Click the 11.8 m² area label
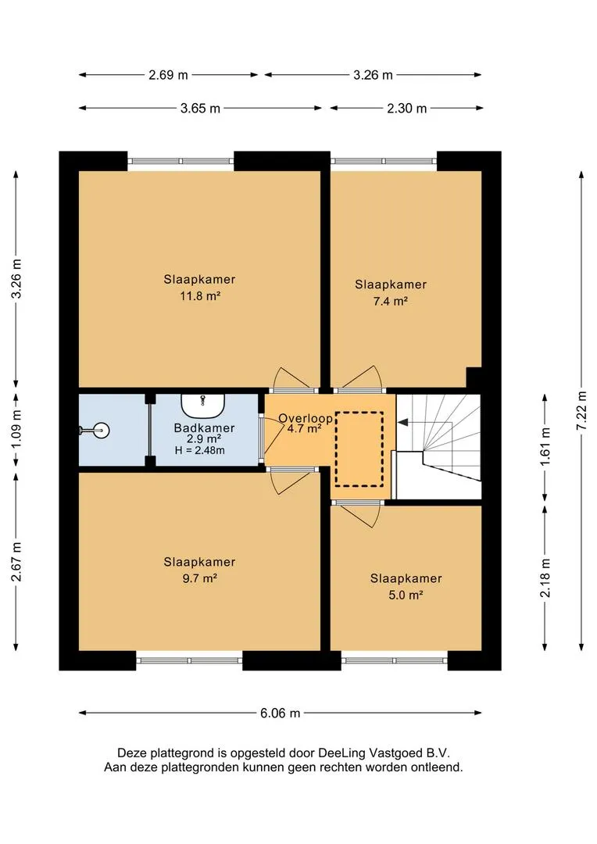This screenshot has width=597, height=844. click(200, 295)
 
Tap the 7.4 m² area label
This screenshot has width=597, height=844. click(390, 301)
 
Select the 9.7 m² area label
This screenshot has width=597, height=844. click(200, 578)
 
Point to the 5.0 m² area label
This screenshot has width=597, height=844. click(406, 595)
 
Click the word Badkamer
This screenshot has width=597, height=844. click(204, 428)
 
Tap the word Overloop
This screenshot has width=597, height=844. click(306, 418)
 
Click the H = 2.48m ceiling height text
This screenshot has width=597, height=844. click(200, 450)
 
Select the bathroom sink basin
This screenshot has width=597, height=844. click(202, 406)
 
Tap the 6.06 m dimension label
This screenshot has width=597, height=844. click(280, 713)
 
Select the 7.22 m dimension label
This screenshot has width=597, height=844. click(581, 411)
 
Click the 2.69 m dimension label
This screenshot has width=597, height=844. click(169, 75)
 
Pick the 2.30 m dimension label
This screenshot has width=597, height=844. click(407, 108)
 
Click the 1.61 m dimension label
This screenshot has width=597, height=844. click(545, 446)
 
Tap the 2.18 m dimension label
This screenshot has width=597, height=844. click(545, 578)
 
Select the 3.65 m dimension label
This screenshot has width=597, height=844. click(200, 108)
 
